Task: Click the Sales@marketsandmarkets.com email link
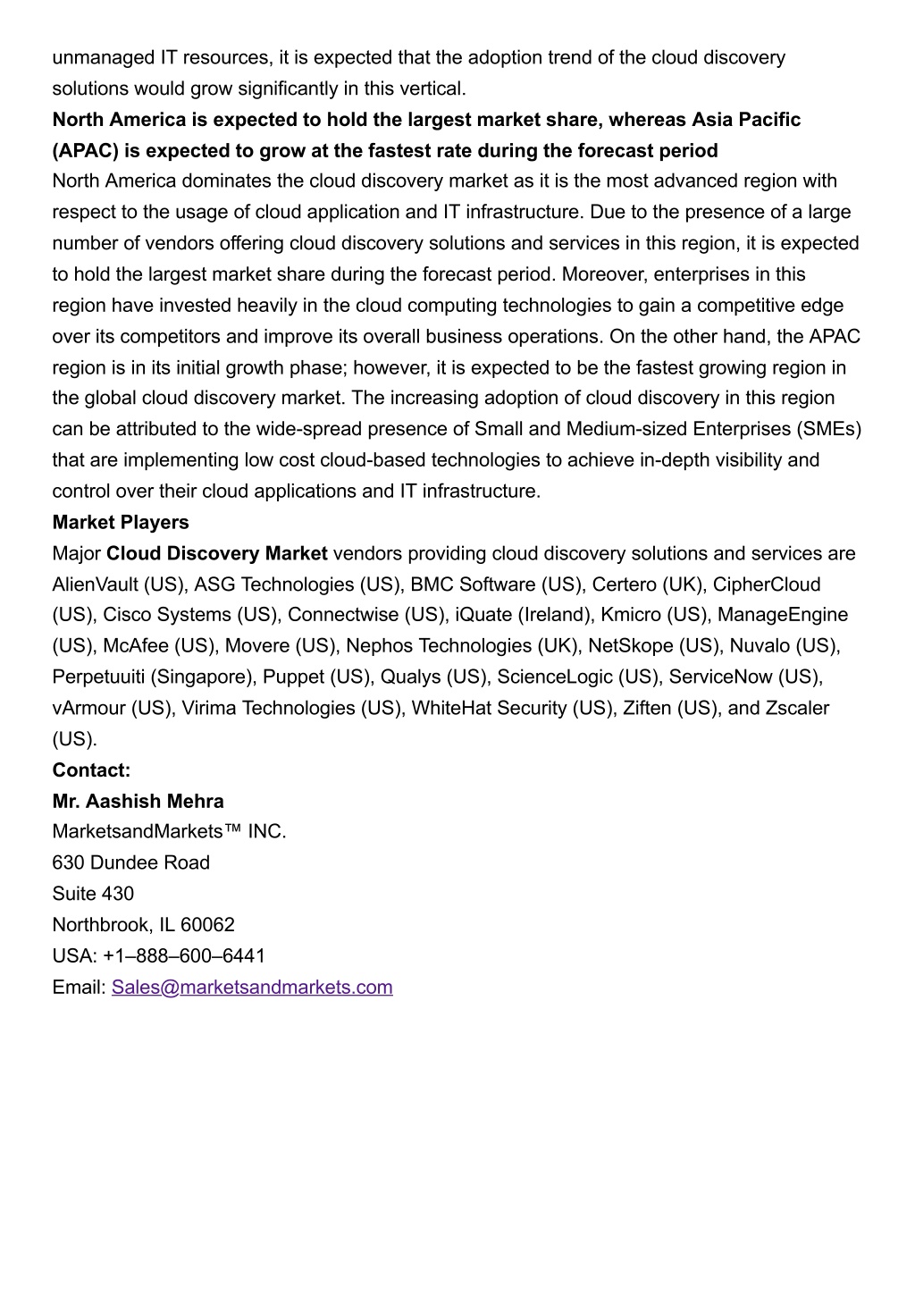pyautogui.click(x=252, y=988)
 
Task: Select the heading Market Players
pyautogui.click(x=121, y=523)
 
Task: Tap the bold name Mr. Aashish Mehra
pyautogui.click(x=138, y=802)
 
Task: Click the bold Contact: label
pyautogui.click(x=91, y=770)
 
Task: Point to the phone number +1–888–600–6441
pyautogui.click(x=184, y=956)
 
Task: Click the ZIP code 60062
pyautogui.click(x=207, y=925)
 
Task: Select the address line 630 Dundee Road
pyautogui.click(x=130, y=863)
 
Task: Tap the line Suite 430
pyautogui.click(x=93, y=895)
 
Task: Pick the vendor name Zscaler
pyautogui.click(x=797, y=709)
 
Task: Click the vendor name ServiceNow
pyautogui.click(x=720, y=677)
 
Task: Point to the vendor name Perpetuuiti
pyautogui.click(x=98, y=677)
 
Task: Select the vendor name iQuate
pyautogui.click(x=483, y=616)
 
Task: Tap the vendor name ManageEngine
pyautogui.click(x=783, y=616)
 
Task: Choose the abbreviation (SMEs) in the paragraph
pyautogui.click(x=827, y=430)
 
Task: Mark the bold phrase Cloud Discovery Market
pyautogui.click(x=217, y=554)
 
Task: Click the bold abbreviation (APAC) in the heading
pyautogui.click(x=86, y=151)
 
